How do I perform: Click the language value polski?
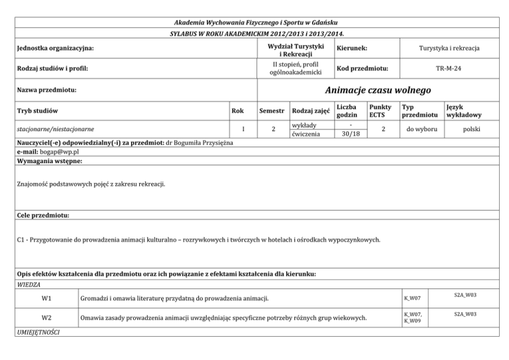click(x=472, y=129)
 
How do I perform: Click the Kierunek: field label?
click(x=352, y=48)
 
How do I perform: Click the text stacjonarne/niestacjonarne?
click(x=56, y=129)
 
